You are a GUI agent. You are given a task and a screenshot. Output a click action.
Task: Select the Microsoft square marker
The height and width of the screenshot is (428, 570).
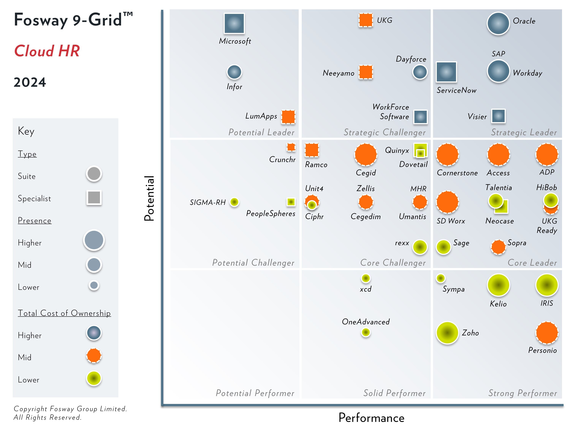pos(234,23)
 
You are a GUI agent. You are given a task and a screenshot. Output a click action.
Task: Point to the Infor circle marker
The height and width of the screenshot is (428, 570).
pos(234,72)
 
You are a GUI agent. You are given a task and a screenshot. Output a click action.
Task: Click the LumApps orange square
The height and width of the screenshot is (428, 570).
pos(288,117)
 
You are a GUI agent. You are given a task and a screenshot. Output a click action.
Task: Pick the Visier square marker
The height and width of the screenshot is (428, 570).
pos(498,116)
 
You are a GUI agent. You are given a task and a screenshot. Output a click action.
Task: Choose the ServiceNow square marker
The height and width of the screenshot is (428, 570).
pos(446,72)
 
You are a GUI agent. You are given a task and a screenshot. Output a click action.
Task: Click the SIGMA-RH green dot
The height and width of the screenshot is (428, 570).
pos(234,202)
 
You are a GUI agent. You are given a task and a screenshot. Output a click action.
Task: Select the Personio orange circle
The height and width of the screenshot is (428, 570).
pos(547,333)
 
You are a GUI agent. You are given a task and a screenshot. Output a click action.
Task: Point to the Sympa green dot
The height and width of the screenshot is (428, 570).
pos(440,278)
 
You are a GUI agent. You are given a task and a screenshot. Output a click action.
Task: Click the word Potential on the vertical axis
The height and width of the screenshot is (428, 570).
pos(149,198)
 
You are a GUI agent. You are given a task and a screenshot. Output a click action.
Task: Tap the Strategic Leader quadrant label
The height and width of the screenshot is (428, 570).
pos(524,132)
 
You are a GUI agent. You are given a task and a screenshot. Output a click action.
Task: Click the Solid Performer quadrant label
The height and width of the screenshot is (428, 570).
pos(394,393)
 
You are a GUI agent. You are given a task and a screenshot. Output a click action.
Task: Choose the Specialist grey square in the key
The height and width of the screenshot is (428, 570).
pos(94,198)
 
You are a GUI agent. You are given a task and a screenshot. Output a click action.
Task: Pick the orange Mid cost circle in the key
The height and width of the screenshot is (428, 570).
pos(94,356)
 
